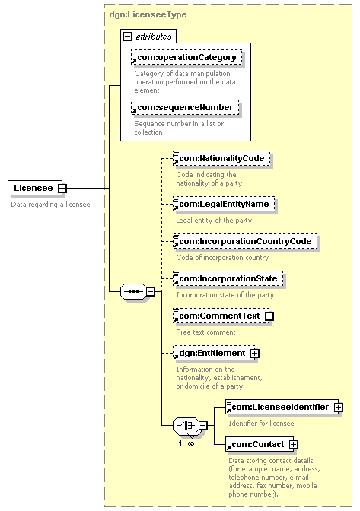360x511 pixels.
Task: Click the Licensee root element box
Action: [x=35, y=188]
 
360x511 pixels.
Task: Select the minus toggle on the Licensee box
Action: [x=62, y=188]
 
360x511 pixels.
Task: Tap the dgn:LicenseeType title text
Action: [x=148, y=14]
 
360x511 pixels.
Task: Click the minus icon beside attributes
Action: [x=128, y=36]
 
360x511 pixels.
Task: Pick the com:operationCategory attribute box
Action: [x=186, y=57]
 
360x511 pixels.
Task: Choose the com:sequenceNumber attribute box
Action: [x=185, y=107]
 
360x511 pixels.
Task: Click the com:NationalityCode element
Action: [x=221, y=158]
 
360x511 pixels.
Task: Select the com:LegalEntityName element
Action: [x=224, y=204]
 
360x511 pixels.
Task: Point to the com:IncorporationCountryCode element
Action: [x=245, y=241]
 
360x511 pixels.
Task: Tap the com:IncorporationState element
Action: [x=228, y=278]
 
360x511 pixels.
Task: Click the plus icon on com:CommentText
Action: [x=269, y=316]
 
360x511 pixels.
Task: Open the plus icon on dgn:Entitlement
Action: [x=255, y=354]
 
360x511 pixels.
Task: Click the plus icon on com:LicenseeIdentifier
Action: [x=339, y=407]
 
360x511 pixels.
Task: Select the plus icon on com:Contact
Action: [x=294, y=445]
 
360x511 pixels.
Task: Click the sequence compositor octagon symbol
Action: [x=133, y=291]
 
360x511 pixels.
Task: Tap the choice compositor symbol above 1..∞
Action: [x=186, y=425]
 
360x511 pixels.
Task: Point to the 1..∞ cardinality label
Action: [x=186, y=443]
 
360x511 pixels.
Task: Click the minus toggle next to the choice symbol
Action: [x=202, y=425]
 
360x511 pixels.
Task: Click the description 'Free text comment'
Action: [x=205, y=332]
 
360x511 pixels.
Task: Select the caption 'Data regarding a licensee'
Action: [x=50, y=205]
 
